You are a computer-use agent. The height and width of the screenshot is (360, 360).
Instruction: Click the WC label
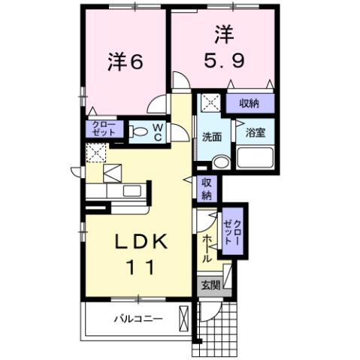[x=159, y=132]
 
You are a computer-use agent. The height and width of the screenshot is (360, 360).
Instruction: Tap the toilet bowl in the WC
[x=140, y=133]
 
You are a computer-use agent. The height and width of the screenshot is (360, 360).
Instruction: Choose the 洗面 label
[x=211, y=137]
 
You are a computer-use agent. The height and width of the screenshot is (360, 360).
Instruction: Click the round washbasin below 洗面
[x=219, y=162]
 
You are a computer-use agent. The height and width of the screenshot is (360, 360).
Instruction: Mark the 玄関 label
[x=210, y=285]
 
